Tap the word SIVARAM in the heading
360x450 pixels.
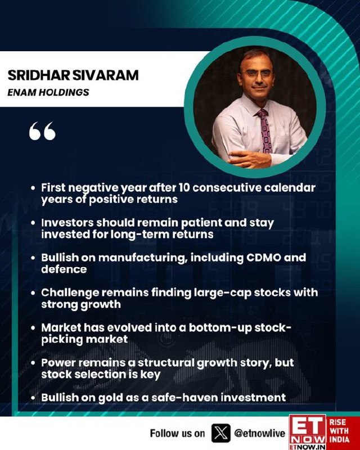(x=105, y=75)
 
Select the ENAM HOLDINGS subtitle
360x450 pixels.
(x=48, y=92)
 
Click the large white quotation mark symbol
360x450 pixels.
(x=43, y=131)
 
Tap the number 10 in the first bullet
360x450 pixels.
(x=184, y=188)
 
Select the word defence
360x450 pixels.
(x=64, y=269)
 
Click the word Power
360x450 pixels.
(x=58, y=363)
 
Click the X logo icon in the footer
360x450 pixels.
(x=220, y=433)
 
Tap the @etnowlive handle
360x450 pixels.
(x=260, y=433)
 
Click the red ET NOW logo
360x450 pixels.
(x=308, y=432)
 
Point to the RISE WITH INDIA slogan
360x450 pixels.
(x=339, y=431)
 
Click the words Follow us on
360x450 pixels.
(x=177, y=433)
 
